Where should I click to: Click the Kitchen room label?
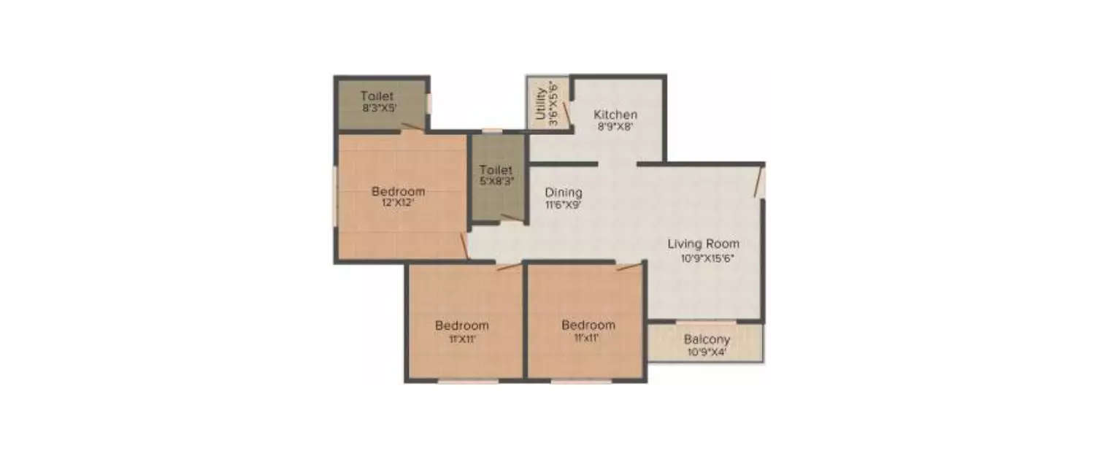coord(615,115)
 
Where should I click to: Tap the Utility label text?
coord(539,104)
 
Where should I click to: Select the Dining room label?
coord(564,193)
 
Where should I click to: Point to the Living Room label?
coord(703,244)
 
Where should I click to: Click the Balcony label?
coord(707,339)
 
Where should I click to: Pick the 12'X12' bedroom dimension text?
coord(398,203)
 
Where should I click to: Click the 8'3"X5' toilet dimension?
coord(377,108)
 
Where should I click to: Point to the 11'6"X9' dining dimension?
coord(564,205)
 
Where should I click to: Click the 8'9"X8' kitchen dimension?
coord(615,126)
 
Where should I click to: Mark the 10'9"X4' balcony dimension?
coord(707,352)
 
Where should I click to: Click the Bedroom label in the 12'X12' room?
coord(398,192)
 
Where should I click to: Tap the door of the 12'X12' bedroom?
coord(464,246)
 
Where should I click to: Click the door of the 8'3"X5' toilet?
coord(412,128)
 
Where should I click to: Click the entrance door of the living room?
coord(759,182)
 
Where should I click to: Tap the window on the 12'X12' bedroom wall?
coord(336,197)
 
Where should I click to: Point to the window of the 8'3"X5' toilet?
coord(429,104)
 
